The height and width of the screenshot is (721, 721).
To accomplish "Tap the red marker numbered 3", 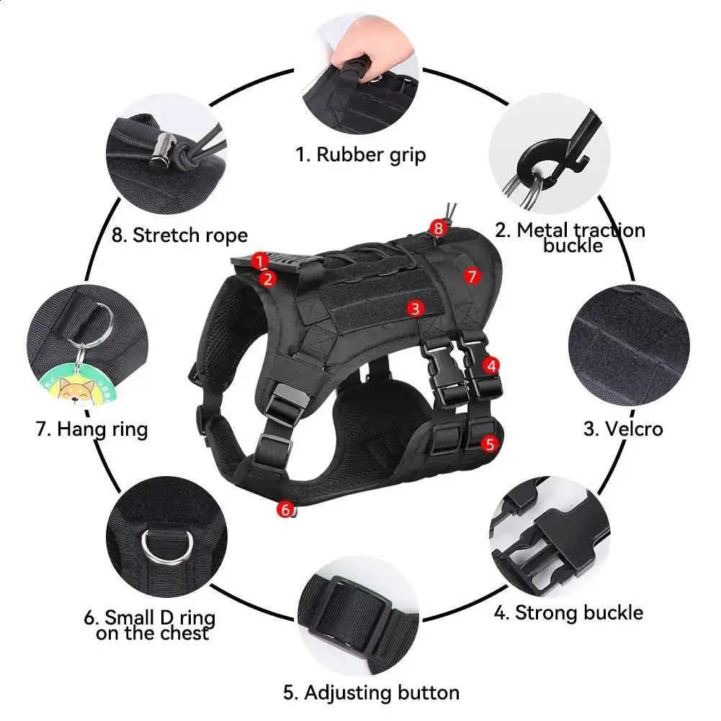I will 414,308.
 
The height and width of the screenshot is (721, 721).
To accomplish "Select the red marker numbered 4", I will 491,365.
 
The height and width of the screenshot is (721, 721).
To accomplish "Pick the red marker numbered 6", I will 285,510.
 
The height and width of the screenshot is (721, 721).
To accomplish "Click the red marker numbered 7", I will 472,275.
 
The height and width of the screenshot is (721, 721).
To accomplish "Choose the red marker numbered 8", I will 439,228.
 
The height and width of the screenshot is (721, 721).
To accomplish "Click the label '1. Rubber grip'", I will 361,154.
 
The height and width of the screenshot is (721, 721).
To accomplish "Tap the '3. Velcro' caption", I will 623,429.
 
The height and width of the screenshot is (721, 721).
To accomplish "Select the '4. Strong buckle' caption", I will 568,613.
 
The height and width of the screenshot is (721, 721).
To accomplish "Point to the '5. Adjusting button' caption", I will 371,693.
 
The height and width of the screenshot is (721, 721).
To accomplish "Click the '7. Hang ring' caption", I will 91,429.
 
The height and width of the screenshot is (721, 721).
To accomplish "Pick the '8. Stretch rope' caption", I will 180,235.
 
